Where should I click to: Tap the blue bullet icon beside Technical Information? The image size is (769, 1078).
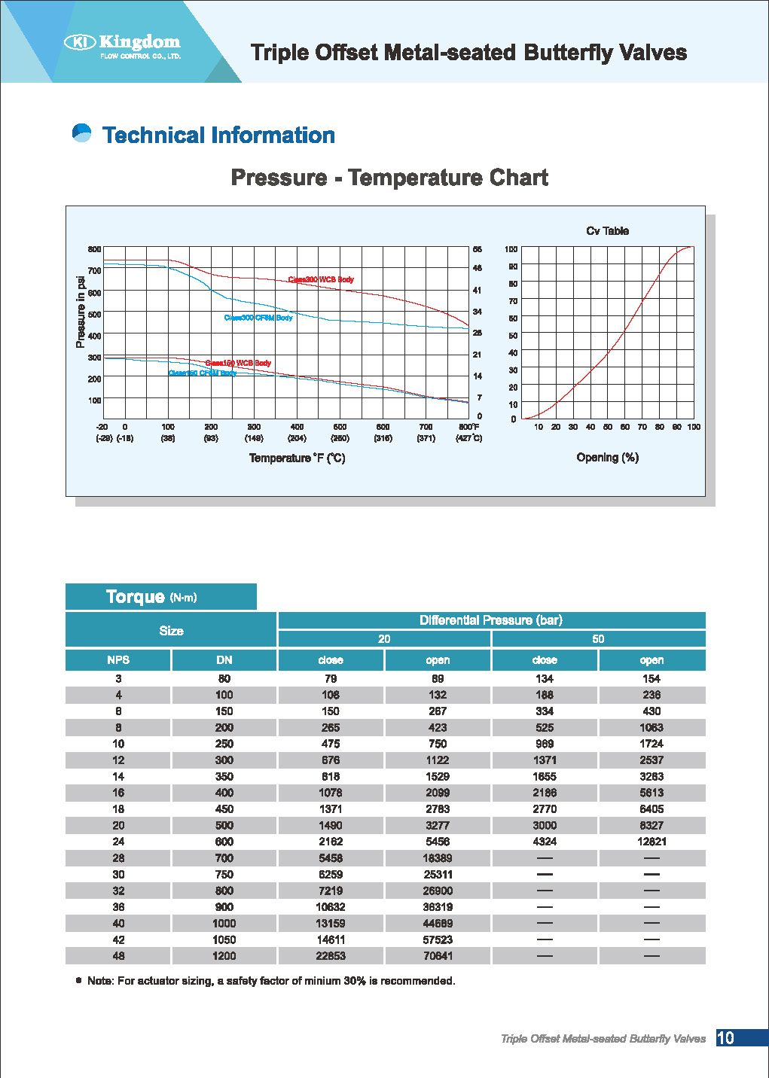point(81,133)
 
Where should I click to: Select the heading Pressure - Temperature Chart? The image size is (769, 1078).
point(389,178)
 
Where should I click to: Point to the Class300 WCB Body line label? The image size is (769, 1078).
point(321,279)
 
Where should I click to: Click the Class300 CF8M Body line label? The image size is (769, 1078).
point(258,318)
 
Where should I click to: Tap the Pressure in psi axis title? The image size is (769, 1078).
point(80,312)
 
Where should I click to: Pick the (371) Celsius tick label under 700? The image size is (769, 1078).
point(426,438)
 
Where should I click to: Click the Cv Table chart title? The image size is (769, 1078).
point(607,231)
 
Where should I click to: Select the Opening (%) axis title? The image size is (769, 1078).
point(607,458)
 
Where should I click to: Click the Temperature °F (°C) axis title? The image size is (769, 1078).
point(297,458)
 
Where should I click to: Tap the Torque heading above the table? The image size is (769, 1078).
point(136,597)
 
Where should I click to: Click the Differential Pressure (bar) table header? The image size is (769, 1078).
point(491,620)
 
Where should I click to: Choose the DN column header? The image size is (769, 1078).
point(224,660)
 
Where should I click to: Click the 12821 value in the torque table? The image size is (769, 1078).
point(652,842)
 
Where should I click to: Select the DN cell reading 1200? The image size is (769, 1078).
point(224,956)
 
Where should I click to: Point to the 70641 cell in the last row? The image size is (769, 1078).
point(438,956)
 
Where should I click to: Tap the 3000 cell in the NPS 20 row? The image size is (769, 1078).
point(545,825)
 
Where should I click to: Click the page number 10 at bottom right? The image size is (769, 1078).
point(725,1038)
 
